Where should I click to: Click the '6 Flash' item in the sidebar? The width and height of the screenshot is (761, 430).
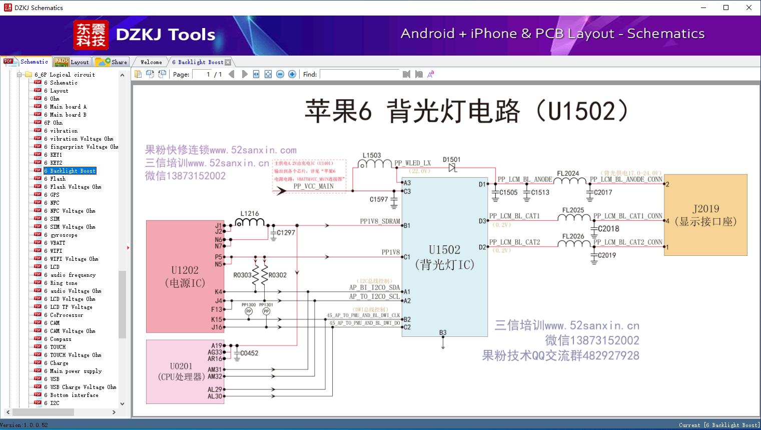[x=58, y=179]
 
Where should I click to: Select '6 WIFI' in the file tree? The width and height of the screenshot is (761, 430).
[x=56, y=251]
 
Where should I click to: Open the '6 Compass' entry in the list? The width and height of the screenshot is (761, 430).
[x=61, y=339]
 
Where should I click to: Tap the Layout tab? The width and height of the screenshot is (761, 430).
[x=72, y=62]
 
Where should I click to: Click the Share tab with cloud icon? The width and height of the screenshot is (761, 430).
[x=112, y=62]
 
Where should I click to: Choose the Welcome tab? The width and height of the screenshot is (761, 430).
[x=151, y=62]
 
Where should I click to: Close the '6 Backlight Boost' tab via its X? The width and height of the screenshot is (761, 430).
[x=228, y=62]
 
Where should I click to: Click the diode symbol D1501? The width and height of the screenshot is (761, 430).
[x=453, y=168]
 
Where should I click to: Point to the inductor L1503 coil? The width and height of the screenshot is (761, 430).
[x=374, y=164]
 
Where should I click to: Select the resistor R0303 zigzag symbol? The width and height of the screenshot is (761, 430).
[x=255, y=275]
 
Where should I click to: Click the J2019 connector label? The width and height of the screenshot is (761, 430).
[x=705, y=209]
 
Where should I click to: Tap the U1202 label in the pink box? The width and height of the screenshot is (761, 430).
[x=185, y=270]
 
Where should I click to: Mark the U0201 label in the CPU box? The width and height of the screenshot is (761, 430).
[x=181, y=366]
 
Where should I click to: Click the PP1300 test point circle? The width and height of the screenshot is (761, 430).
[x=249, y=311]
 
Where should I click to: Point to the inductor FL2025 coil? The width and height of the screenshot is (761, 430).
[x=573, y=217]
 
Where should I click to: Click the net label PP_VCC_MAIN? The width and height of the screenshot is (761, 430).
[x=313, y=186]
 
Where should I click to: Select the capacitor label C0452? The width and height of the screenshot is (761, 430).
[x=249, y=353]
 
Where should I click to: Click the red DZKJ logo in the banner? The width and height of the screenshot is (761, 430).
[x=91, y=35]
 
